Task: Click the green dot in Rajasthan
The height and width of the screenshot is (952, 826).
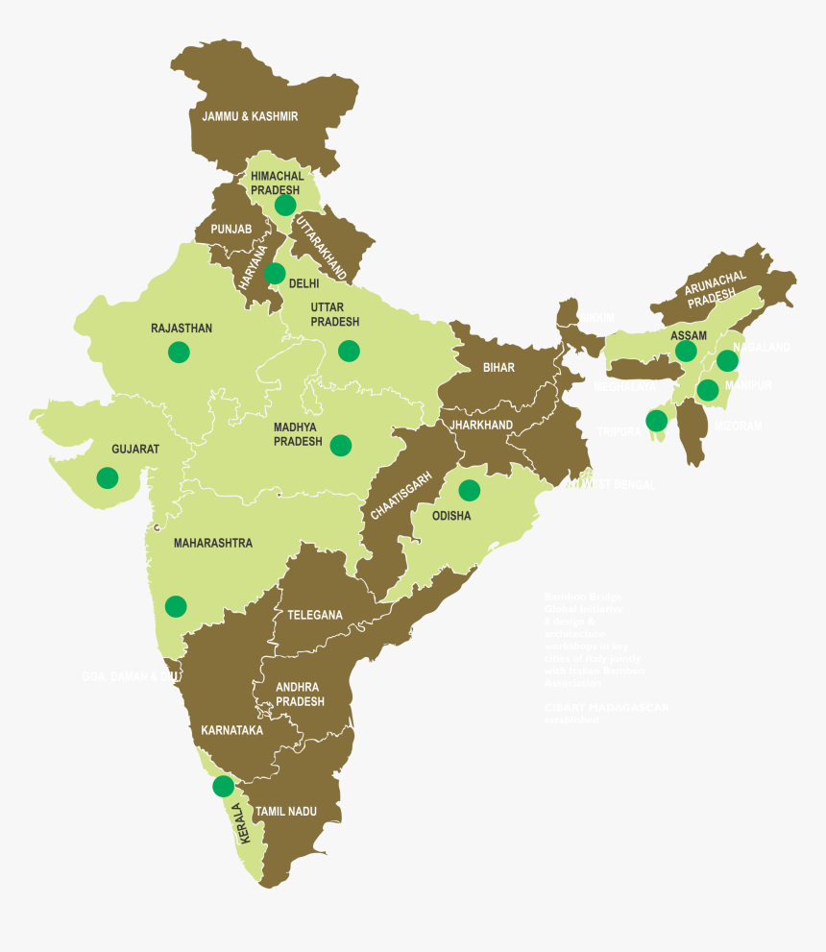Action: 179,352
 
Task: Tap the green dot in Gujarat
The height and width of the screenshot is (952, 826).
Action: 108,477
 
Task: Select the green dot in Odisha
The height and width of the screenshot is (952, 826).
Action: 469,490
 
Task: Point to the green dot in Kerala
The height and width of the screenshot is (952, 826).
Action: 223,786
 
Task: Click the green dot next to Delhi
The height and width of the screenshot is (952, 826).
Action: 276,274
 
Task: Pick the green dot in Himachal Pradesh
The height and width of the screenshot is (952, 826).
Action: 285,205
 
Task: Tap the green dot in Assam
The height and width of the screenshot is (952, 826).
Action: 686,351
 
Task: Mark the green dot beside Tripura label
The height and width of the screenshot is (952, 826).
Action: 657,421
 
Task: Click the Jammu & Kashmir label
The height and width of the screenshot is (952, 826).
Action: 250,116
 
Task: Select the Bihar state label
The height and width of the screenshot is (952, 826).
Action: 498,368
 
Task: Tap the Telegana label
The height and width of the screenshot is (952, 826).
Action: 315,615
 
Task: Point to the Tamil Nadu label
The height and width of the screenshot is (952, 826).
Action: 285,812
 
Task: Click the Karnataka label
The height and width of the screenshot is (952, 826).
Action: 232,731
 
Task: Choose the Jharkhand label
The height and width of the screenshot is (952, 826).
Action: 481,425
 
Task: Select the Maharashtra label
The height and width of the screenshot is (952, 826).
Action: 212,543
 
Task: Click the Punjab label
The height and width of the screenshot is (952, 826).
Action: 231,229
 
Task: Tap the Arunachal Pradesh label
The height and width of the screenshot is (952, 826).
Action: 716,287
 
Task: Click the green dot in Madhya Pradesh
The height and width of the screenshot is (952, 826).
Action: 340,445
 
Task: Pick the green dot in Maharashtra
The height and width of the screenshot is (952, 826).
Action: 176,606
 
